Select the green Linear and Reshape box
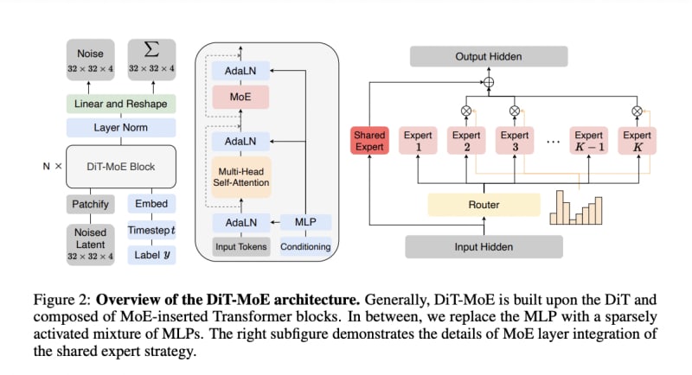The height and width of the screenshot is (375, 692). [x=121, y=104]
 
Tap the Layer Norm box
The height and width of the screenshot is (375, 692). [x=121, y=128]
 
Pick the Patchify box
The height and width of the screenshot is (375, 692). [x=89, y=204]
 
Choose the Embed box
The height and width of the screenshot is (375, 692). [x=151, y=204]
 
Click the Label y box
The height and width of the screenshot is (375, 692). [x=151, y=255]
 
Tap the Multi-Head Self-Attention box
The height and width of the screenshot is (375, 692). [x=241, y=176]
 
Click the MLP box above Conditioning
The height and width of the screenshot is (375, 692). [x=305, y=222]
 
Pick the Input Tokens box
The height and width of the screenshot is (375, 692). [x=241, y=247]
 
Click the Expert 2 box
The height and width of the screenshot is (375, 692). [x=467, y=142]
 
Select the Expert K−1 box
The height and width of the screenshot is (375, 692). [x=589, y=142]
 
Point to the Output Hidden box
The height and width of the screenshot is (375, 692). [x=488, y=56]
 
